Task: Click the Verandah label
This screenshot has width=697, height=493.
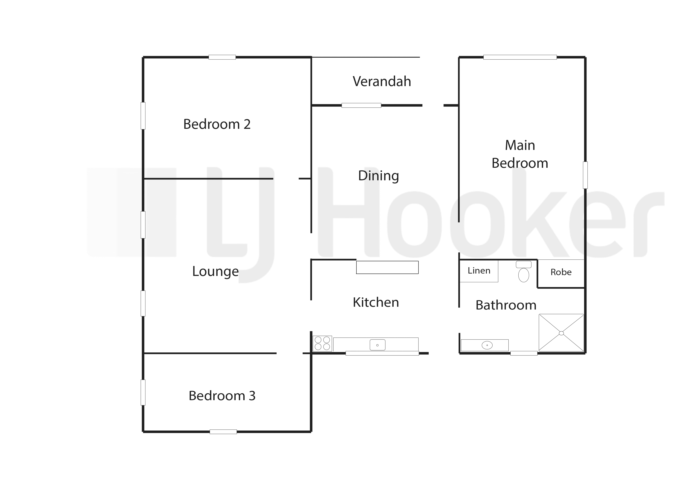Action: pyautogui.click(x=382, y=82)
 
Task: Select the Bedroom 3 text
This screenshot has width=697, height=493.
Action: pyautogui.click(x=222, y=396)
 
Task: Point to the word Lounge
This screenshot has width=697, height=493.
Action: pyautogui.click(x=216, y=272)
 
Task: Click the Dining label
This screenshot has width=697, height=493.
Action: pyautogui.click(x=379, y=176)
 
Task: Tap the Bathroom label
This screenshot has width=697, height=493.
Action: pyautogui.click(x=506, y=305)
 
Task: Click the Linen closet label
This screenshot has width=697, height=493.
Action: pyautogui.click(x=479, y=271)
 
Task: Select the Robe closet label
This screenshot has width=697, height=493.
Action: pyautogui.click(x=561, y=272)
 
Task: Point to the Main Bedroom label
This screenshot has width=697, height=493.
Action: pyautogui.click(x=520, y=154)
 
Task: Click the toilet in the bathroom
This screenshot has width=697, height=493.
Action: pyautogui.click(x=524, y=272)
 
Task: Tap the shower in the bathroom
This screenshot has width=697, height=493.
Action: pyautogui.click(x=561, y=333)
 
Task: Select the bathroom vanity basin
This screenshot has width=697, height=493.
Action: pyautogui.click(x=487, y=345)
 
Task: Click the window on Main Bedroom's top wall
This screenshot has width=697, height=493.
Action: pyautogui.click(x=520, y=57)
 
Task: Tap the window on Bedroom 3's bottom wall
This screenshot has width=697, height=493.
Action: pyautogui.click(x=223, y=432)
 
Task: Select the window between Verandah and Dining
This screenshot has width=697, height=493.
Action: pyautogui.click(x=361, y=105)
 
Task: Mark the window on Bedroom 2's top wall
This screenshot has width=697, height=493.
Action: pyautogui.click(x=222, y=57)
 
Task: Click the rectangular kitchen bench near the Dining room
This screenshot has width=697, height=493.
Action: pyautogui.click(x=387, y=267)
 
